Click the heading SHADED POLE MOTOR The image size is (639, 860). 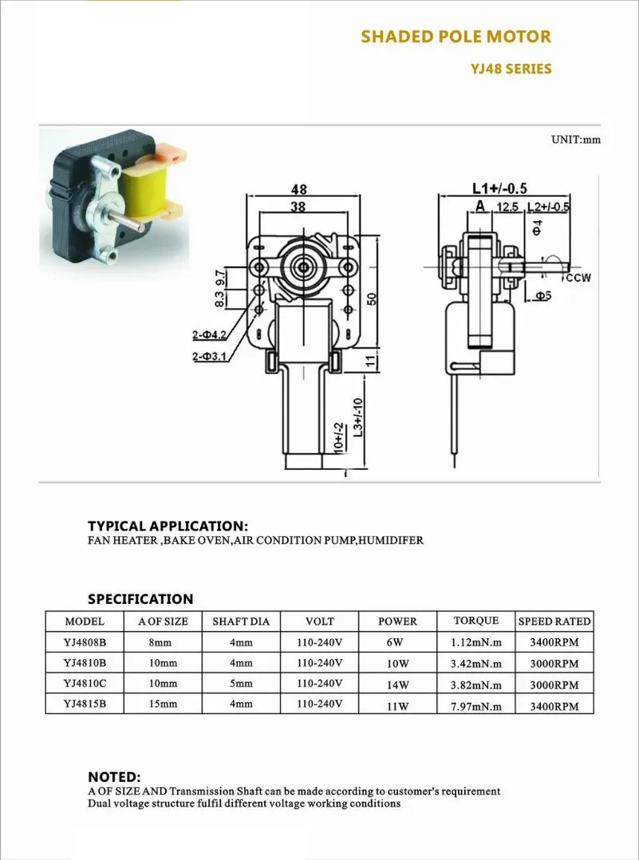pos(456,37)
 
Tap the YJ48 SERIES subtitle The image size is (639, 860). pos(511,69)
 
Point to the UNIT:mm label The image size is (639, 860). pos(575,140)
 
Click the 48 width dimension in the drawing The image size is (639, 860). pos(299,190)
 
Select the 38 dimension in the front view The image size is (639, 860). pos(298,206)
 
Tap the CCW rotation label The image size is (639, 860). pos(579,278)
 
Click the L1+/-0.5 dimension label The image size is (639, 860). pos(499,189)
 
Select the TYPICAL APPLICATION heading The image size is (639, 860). pos(168,527)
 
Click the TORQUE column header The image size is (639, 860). pos(476,621)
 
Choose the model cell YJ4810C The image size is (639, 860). pos(85,684)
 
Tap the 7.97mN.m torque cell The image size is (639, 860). pos(476,705)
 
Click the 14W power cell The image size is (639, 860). pos(397,684)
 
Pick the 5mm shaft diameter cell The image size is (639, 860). pos(241,684)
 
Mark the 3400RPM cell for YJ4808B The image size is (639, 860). pos(554,642)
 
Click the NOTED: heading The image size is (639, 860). pos(114,777)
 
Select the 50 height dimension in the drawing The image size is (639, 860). pos(371,298)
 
